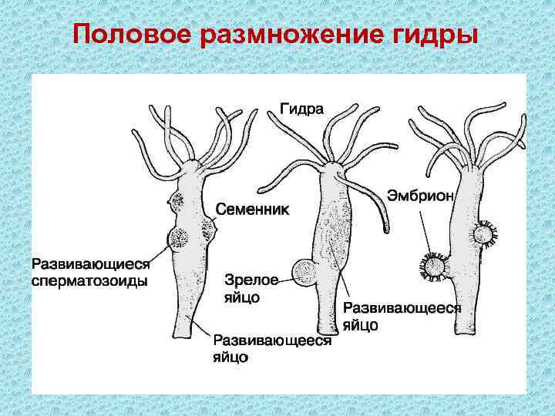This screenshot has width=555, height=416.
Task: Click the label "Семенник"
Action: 252,210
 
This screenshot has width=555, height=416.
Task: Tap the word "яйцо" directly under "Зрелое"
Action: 240,296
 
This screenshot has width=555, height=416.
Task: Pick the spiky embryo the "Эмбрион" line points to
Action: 434,267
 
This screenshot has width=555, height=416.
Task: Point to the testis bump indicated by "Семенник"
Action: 210,227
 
